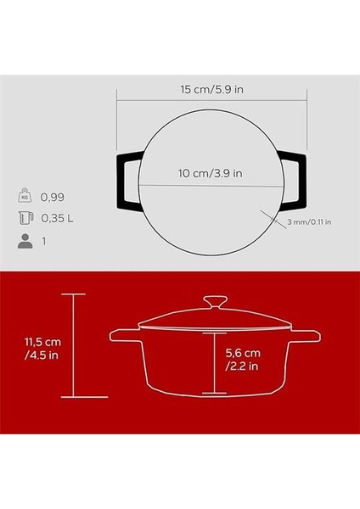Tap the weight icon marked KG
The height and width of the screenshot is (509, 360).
[x=25, y=197]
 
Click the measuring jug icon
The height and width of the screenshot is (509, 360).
[x=25, y=218]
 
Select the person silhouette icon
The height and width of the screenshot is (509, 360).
[x=25, y=240]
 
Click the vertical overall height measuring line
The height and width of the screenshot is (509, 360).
[x=75, y=345]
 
